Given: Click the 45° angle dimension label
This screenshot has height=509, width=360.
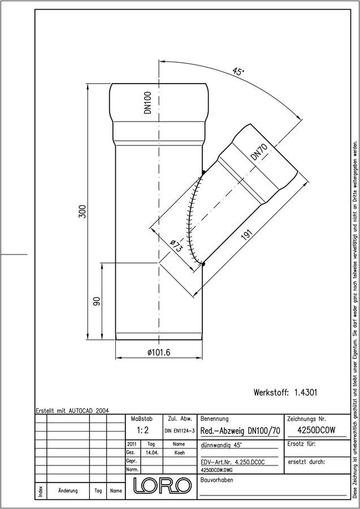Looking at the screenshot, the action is click(x=238, y=71).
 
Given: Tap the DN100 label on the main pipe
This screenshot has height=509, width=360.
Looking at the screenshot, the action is click(x=148, y=102).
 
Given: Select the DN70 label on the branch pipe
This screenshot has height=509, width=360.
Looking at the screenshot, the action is click(x=259, y=152).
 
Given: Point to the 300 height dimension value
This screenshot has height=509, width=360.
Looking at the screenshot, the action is click(x=83, y=212).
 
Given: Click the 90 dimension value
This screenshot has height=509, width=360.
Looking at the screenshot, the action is click(x=97, y=301).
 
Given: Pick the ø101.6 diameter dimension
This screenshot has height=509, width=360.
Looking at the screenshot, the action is click(x=159, y=352).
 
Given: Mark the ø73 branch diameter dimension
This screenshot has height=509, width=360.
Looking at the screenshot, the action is click(x=177, y=247).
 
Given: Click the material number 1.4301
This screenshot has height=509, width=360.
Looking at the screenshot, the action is click(x=306, y=392).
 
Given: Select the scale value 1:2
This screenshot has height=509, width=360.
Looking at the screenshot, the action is click(x=143, y=430).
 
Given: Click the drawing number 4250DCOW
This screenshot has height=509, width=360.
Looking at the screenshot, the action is click(x=316, y=430).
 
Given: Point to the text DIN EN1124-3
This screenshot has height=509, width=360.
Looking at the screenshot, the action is click(x=180, y=431).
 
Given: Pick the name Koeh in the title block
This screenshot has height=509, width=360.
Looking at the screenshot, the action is click(x=179, y=453).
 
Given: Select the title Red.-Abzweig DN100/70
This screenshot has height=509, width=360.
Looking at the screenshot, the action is click(x=240, y=431).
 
